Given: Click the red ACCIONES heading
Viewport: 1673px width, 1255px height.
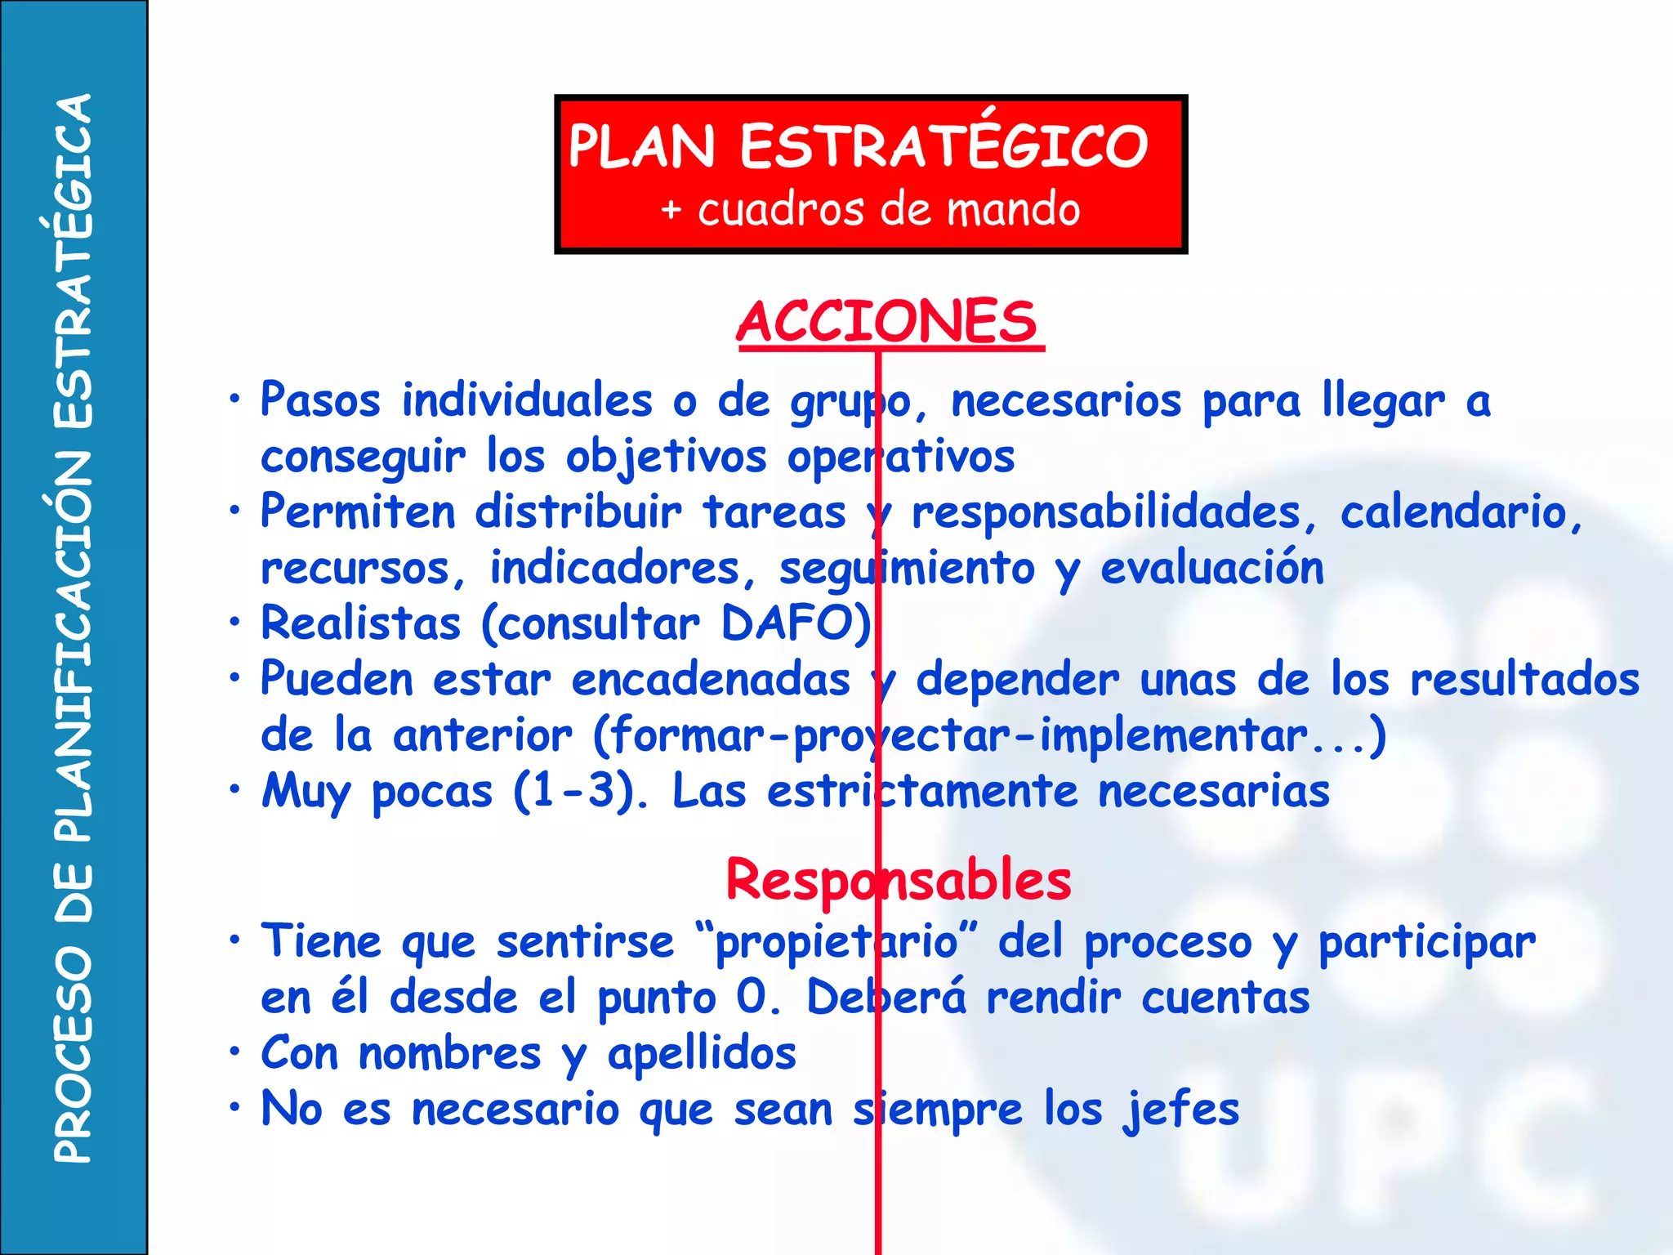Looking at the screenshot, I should click(x=889, y=322).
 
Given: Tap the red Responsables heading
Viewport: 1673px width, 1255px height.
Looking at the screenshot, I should click(x=898, y=881).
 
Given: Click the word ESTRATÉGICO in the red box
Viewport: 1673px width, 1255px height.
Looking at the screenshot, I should click(x=944, y=146).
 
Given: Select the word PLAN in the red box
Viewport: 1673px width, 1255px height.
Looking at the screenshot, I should click(x=641, y=148).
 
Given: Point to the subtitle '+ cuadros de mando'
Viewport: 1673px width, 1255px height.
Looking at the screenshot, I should click(x=871, y=209).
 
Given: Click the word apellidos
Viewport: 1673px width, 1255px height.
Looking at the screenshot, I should click(x=702, y=1054).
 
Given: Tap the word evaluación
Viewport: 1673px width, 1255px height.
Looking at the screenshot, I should click(x=1212, y=569).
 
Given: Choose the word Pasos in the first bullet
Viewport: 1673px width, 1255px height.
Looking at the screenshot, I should click(x=320, y=401).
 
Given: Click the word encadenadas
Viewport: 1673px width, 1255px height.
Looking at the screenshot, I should click(x=711, y=681).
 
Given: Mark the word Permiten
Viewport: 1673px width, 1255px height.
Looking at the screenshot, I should click(x=358, y=513).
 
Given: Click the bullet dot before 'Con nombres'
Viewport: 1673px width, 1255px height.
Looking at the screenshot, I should click(x=235, y=1052).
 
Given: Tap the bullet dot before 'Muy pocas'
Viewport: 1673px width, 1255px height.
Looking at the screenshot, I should click(x=235, y=789).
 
